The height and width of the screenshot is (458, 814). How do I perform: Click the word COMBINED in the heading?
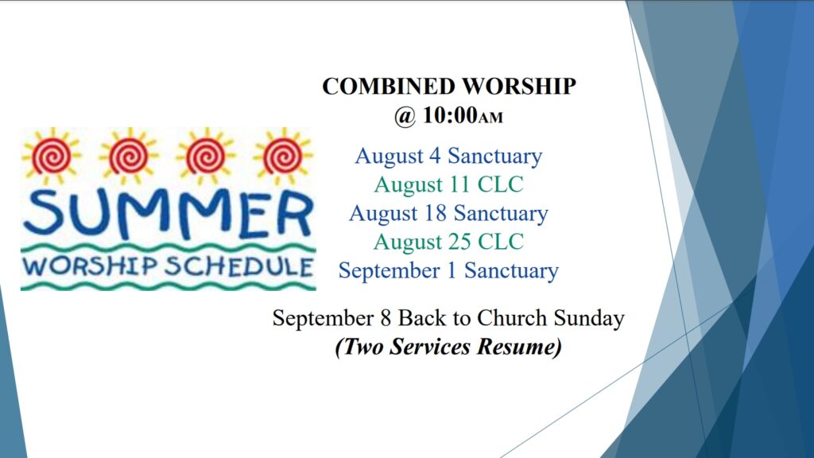[x=388, y=86]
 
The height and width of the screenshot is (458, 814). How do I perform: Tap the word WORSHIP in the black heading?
[x=519, y=86]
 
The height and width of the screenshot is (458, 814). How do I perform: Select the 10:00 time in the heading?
[x=450, y=114]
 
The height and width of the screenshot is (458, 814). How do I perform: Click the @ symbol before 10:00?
[x=405, y=116]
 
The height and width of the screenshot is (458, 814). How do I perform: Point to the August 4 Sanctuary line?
[x=448, y=156]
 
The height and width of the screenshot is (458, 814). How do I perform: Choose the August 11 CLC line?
[x=448, y=184]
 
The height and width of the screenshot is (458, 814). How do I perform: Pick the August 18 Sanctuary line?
[x=448, y=213]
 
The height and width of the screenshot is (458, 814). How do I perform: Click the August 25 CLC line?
[x=448, y=242]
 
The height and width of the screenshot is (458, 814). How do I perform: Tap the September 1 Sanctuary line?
[x=448, y=270]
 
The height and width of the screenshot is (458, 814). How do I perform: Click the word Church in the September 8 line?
[x=511, y=318]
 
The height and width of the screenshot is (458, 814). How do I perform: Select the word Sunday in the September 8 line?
[x=589, y=318]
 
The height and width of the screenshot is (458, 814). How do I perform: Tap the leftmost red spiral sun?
[x=52, y=156]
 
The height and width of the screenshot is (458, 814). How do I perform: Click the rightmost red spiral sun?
[x=283, y=156]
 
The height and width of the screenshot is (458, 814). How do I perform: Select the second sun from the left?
[x=129, y=156]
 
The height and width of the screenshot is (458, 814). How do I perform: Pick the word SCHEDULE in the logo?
[x=238, y=266]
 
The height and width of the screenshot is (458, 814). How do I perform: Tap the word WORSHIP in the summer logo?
[x=90, y=266]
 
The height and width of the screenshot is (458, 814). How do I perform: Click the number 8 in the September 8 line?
[x=386, y=318]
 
